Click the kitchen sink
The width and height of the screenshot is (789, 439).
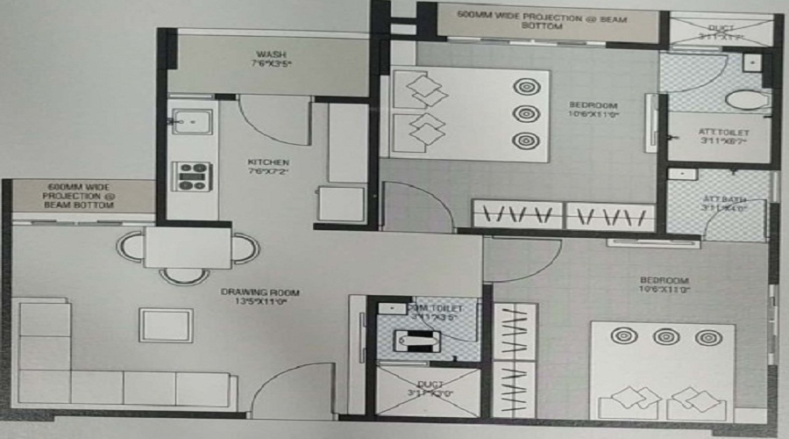click(189, 120)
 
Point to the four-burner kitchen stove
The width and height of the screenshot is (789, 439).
click(191, 176)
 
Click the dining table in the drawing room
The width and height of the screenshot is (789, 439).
click(188, 248)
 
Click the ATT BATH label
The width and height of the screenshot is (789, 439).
click(722, 204)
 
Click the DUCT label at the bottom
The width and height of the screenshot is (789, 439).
click(429, 389)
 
